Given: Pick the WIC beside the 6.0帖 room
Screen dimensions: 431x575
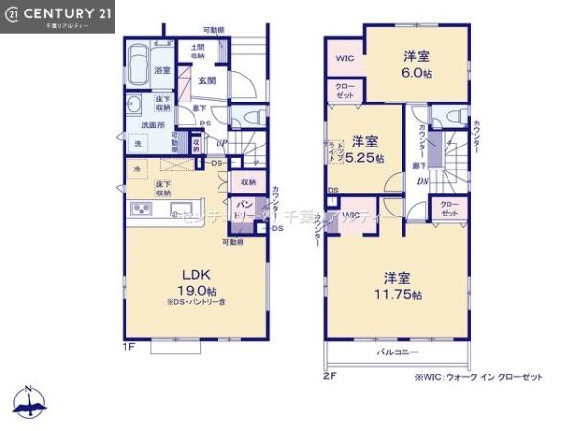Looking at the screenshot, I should pyautogui.click(x=344, y=57).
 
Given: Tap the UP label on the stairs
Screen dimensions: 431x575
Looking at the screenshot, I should pyautogui.click(x=220, y=144).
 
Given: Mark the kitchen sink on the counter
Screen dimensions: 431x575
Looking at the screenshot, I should pyautogui.click(x=180, y=209).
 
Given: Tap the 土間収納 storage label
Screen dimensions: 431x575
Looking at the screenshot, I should pyautogui.click(x=197, y=52).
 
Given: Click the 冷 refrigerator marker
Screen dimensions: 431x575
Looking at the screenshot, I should pyautogui.click(x=136, y=170).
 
